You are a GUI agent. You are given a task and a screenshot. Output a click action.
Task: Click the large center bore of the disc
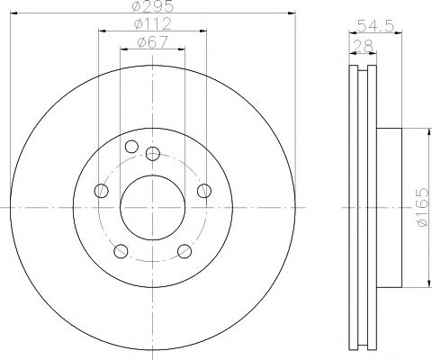pos(152,208)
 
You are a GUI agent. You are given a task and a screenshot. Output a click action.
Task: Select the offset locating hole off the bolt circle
pos(131,148)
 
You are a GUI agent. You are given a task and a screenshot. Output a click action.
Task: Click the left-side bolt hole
pos(101,191)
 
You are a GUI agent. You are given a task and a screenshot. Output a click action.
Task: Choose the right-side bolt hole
pos(204,191)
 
